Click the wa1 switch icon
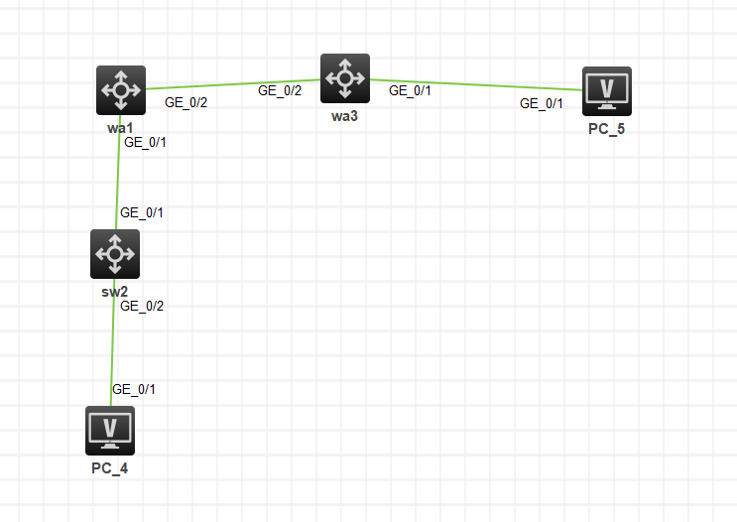[121, 90]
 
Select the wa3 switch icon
[345, 78]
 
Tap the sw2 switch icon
[115, 254]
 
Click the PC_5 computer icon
[606, 91]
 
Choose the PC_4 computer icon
[110, 431]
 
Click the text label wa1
[121, 129]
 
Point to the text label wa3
[345, 117]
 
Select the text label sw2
[115, 292]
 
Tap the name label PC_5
[606, 130]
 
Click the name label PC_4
[110, 468]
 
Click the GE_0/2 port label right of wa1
[185, 102]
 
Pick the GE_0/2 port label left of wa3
[280, 90]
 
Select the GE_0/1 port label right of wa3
[410, 90]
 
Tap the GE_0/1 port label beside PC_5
[542, 103]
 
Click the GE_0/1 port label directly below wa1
[145, 142]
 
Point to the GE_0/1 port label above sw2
[142, 212]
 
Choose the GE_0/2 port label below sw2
[142, 306]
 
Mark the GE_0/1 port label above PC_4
[134, 389]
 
